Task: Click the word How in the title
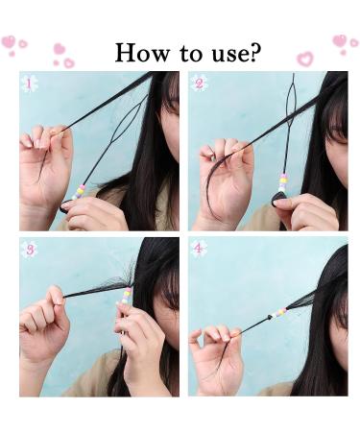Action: point(142,53)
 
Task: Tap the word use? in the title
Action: point(236,53)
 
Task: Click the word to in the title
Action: point(191,54)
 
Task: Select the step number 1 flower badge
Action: point(29,84)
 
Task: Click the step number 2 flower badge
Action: point(199,84)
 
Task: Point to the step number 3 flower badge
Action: point(30,250)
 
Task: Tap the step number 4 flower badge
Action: point(199,249)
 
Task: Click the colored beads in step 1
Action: point(78,192)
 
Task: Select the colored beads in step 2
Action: point(282,183)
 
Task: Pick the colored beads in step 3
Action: point(126,295)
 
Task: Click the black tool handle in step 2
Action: point(277,200)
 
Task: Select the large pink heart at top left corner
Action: point(9,41)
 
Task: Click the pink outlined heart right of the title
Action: point(304,59)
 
